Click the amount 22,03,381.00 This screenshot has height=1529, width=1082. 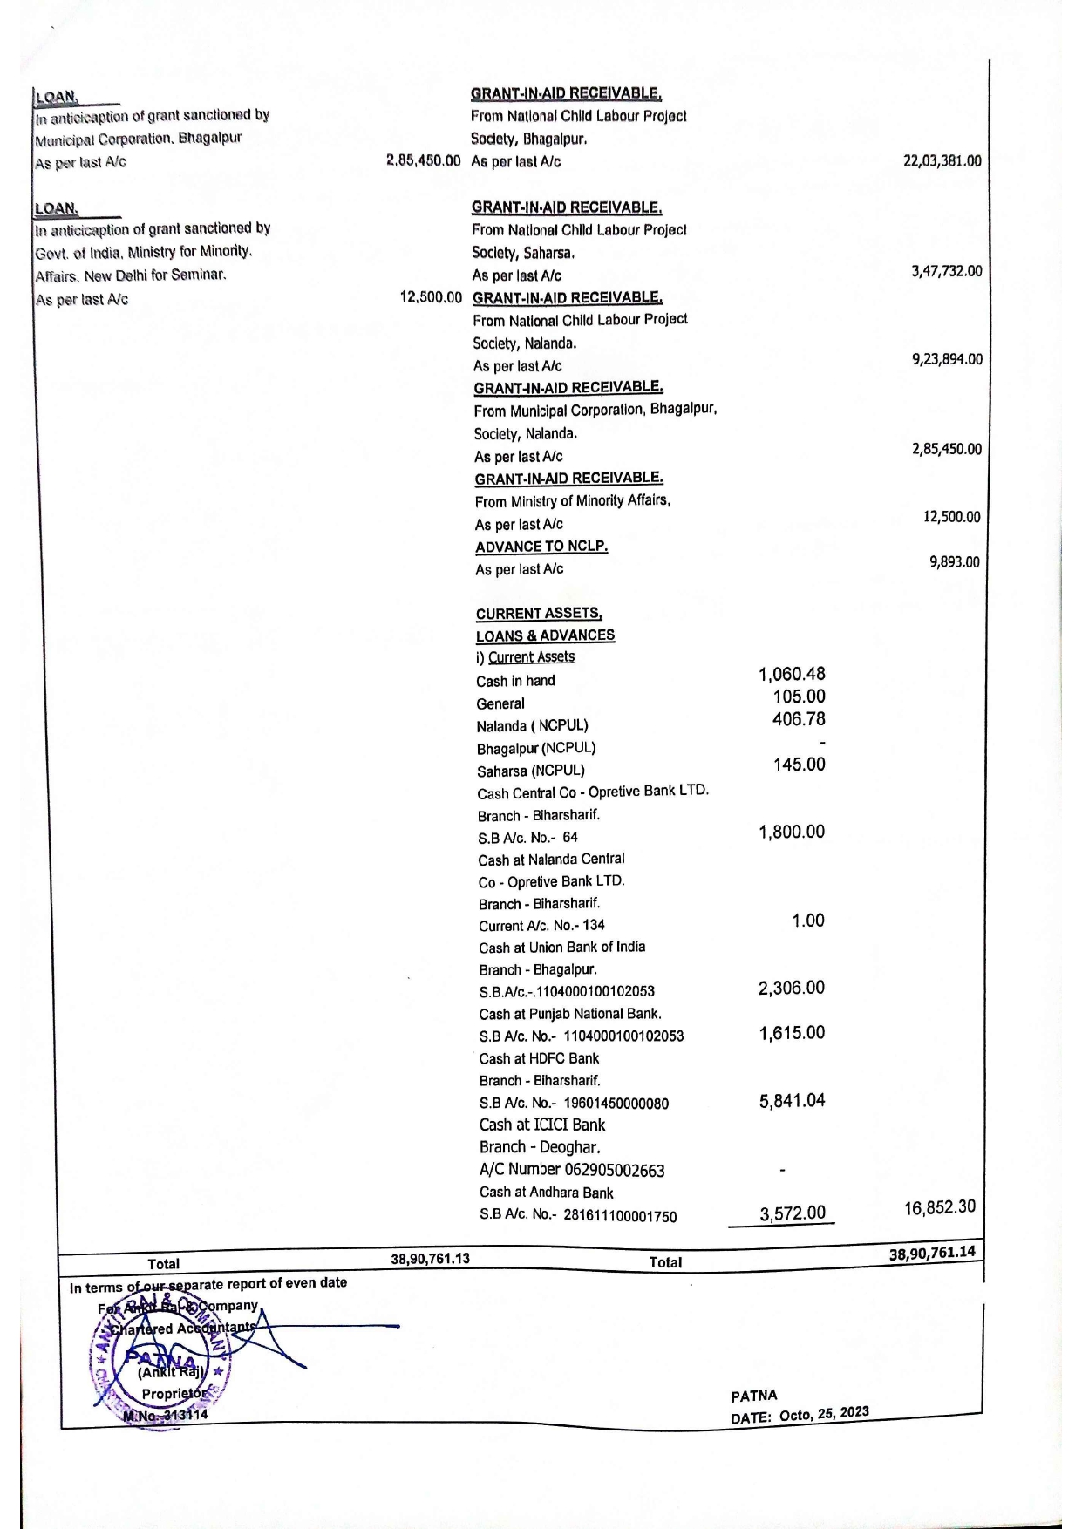(942, 161)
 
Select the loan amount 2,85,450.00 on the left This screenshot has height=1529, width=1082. (423, 161)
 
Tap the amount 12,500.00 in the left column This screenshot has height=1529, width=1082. (431, 298)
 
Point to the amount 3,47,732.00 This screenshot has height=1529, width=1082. (946, 271)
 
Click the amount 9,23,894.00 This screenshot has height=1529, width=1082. (947, 359)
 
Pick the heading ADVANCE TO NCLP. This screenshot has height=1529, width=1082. (541, 547)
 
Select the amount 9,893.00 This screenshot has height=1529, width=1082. (954, 562)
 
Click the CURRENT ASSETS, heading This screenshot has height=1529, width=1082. (539, 614)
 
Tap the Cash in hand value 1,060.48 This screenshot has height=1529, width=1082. (792, 674)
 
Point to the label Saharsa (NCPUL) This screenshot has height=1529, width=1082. (530, 771)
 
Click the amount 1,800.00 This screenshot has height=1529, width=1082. (792, 832)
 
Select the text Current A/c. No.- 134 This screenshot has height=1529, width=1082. (541, 926)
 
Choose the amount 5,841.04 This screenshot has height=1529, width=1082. (792, 1101)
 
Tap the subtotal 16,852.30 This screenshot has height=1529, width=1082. (940, 1207)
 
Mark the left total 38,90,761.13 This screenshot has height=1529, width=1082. (430, 1259)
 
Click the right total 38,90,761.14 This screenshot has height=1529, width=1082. (932, 1254)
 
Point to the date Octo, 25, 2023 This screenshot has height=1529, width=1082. (824, 1413)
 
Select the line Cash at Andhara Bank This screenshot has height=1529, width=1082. (546, 1193)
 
